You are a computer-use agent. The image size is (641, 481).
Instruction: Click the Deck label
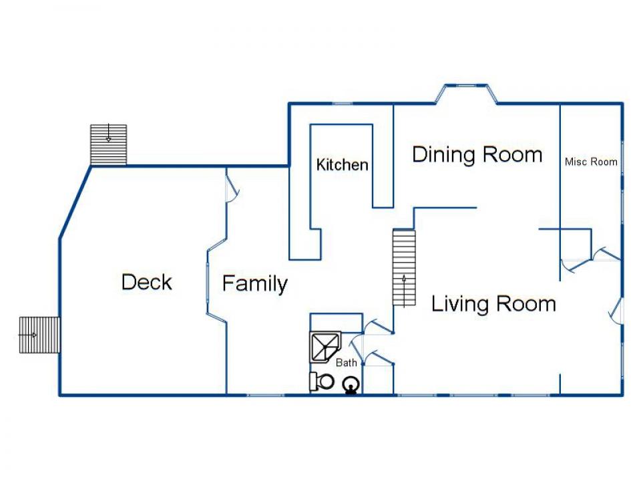pos(147,282)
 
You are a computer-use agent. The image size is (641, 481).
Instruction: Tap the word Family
pos(255,284)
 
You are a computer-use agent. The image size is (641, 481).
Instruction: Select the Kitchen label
pos(342,164)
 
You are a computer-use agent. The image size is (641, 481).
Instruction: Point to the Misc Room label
pos(591,162)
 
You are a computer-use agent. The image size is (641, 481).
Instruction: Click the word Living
pos(460,305)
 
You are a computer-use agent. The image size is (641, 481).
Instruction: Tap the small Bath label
pos(347,362)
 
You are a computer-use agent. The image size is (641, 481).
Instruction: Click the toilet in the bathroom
pos(322,381)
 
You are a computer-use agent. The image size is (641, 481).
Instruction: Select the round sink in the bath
pos(351,385)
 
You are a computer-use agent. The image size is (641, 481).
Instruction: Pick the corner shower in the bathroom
pos(325,347)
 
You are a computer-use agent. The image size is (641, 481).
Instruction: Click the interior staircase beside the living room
pos(404,267)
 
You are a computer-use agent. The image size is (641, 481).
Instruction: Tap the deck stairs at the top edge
pos(108,145)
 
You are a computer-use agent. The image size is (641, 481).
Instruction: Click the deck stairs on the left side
pos(39,335)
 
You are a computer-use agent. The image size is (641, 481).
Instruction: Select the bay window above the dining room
pos(466,94)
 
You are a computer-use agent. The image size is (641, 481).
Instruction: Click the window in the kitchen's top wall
pos(343,104)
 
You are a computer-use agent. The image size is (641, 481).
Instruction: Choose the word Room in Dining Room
pos(512,155)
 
